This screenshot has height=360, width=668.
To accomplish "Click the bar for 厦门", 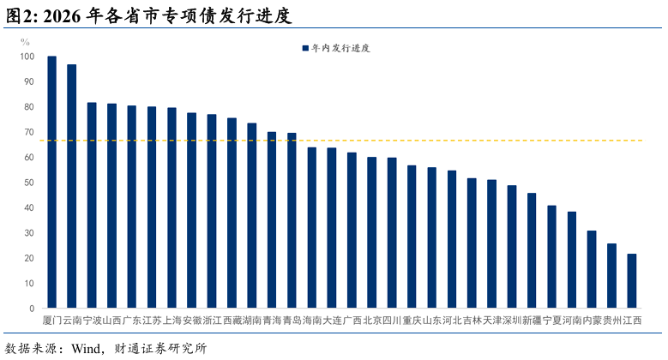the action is [52, 182].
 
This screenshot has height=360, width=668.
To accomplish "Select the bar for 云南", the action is [72, 186].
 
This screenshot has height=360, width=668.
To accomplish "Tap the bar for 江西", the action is [632, 281].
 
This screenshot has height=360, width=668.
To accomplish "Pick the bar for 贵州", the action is [611, 276].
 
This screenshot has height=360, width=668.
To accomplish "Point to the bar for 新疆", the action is [532, 250].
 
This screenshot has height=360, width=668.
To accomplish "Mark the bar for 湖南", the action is [252, 216].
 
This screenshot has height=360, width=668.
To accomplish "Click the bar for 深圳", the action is [512, 247].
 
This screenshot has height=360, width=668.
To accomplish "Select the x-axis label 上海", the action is [172, 321].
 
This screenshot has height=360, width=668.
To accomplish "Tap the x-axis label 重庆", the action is [412, 321].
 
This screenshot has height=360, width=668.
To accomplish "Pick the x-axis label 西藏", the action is [232, 321].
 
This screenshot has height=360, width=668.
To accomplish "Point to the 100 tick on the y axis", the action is [27, 57].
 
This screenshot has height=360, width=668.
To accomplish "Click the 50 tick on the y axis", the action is [29, 183].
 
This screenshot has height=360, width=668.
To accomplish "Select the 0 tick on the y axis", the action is [32, 309].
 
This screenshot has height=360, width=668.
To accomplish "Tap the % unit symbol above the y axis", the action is [25, 42].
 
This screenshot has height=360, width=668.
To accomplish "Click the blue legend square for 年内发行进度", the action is [305, 48].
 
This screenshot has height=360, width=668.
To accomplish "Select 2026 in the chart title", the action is [62, 16].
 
